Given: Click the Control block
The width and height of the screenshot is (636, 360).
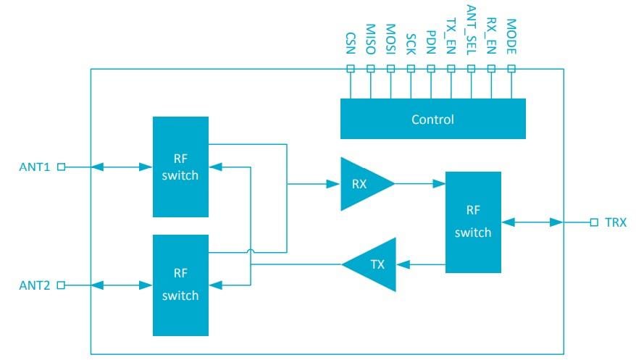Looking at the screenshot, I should coord(432,120).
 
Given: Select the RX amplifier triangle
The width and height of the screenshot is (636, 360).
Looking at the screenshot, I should coord(361,184).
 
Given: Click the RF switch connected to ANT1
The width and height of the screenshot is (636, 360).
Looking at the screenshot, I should coord(180,167).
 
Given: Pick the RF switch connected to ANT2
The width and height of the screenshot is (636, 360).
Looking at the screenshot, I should coord(180,285).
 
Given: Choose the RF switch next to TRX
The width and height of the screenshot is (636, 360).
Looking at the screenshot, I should coord(473,222).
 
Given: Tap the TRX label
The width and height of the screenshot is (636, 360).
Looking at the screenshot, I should coord(616,222).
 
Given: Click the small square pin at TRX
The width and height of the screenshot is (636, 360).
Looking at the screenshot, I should coord(594,222).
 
